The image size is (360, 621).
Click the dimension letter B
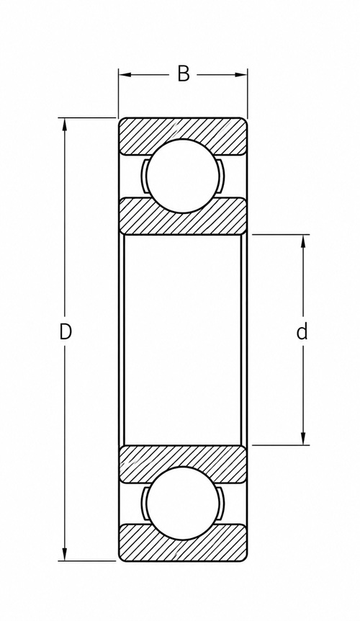click(183, 74)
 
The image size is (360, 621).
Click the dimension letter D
click(66, 332)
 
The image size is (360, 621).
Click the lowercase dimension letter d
click(302, 331)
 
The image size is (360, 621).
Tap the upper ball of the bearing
click(182, 177)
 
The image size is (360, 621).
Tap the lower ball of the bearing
click(182, 504)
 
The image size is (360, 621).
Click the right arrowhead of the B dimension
click(241, 74)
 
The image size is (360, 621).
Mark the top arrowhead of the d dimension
click(303, 241)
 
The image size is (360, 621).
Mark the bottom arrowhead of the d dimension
click(303, 438)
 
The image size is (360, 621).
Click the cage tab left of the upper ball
click(144, 177)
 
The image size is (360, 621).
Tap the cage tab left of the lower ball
click(144, 504)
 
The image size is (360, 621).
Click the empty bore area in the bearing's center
click(183, 340)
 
